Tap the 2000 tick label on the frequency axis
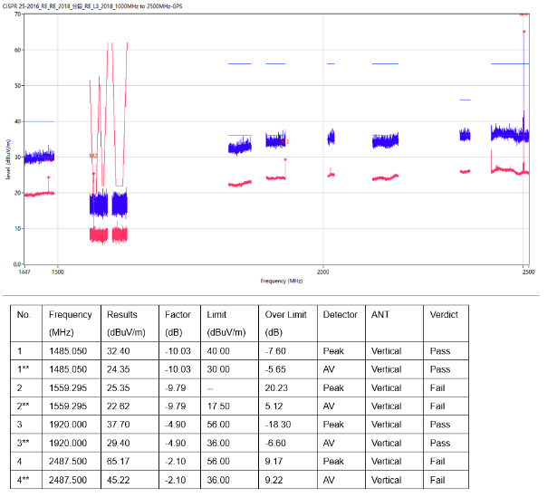pyautogui.click(x=322, y=271)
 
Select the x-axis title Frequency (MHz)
pyautogui.click(x=281, y=282)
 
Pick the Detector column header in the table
pyautogui.click(x=336, y=314)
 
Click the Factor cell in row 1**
pyautogui.click(x=178, y=369)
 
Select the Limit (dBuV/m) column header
pyautogui.click(x=222, y=323)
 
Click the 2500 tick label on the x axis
pyautogui.click(x=525, y=271)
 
